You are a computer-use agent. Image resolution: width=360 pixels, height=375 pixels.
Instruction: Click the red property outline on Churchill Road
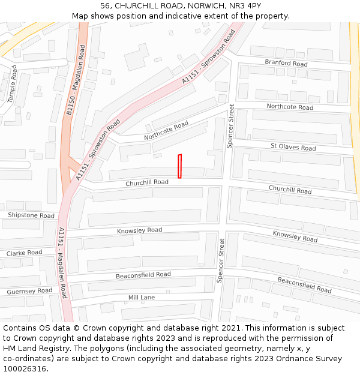click(x=179, y=166)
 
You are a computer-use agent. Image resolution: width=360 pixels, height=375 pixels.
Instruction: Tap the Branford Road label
click(x=286, y=64)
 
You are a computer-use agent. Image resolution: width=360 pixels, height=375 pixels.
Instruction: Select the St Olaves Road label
click(x=293, y=148)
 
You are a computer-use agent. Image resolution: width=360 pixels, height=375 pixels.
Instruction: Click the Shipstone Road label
click(x=31, y=215)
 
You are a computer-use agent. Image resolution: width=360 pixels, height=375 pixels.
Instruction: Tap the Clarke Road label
click(x=24, y=253)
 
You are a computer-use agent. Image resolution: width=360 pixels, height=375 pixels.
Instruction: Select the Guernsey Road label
click(x=29, y=291)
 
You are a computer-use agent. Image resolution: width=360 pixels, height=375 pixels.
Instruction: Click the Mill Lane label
click(x=142, y=298)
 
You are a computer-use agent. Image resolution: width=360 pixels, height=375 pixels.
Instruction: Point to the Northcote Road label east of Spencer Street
click(x=290, y=107)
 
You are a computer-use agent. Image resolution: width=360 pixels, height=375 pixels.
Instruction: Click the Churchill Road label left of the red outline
click(x=147, y=182)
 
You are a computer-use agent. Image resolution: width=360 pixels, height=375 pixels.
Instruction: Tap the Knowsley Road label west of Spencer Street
click(x=139, y=230)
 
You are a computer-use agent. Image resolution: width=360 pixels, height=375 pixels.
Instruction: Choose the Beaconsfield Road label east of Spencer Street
click(x=304, y=285)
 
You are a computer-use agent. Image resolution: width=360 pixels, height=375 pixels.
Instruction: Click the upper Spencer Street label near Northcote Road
click(x=230, y=126)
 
